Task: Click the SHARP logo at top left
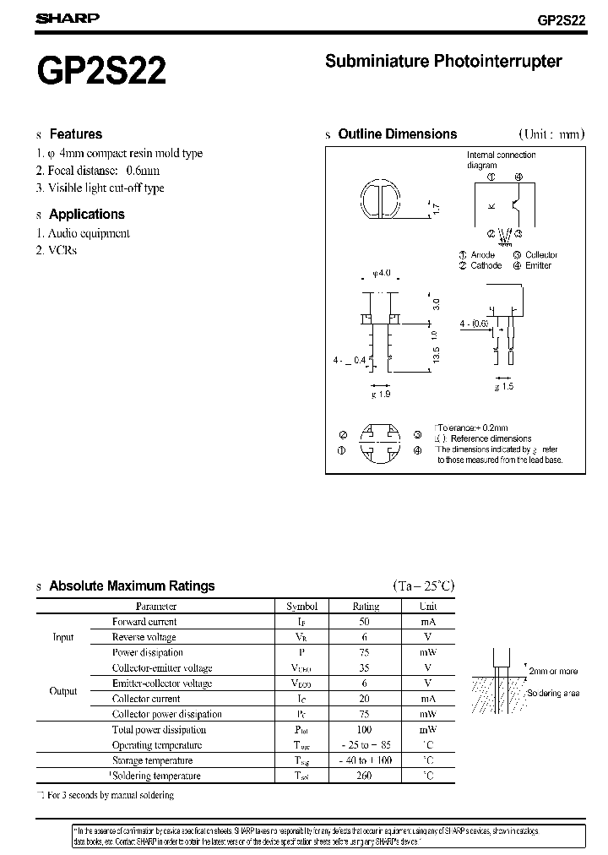click(67, 18)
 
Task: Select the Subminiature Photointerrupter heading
click(443, 61)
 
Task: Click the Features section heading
click(75, 133)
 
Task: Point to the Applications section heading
click(86, 215)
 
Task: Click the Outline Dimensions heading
click(397, 133)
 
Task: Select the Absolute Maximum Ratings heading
click(132, 585)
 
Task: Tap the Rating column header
click(366, 606)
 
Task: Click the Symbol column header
click(301, 606)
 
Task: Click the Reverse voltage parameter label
click(144, 637)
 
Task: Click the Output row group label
click(63, 691)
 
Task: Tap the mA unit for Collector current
click(428, 699)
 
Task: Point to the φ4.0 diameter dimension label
click(382, 273)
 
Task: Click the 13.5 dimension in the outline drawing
click(436, 353)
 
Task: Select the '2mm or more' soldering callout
click(553, 671)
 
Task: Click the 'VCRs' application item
click(62, 251)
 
